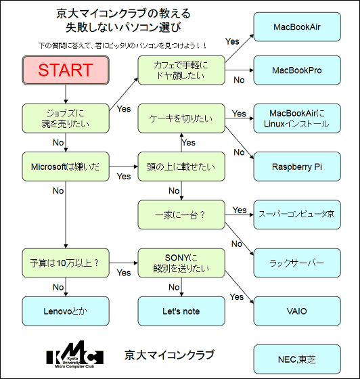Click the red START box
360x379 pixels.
pyautogui.click(x=66, y=70)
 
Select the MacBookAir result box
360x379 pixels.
pyautogui.click(x=297, y=27)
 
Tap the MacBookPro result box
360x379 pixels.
pyautogui.click(x=297, y=70)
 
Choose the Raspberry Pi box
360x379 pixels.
pyautogui.click(x=297, y=166)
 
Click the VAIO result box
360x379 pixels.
pyautogui.click(x=297, y=311)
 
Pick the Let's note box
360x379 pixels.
pyautogui.click(x=181, y=311)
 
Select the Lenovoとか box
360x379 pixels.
pyautogui.click(x=66, y=311)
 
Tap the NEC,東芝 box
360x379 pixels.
pyautogui.click(x=297, y=359)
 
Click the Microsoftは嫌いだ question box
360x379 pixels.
pyautogui.click(x=66, y=166)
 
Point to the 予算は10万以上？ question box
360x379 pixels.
pyautogui.click(x=66, y=263)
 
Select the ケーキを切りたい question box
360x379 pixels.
pyautogui.click(x=181, y=118)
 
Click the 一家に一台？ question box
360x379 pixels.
pyautogui.click(x=181, y=215)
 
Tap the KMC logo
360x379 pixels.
pyautogui.click(x=74, y=355)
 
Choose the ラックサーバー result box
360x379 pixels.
pyautogui.click(x=297, y=263)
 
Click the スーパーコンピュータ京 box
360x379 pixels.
pyautogui.click(x=297, y=215)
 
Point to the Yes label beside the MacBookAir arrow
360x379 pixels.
pyautogui.click(x=232, y=41)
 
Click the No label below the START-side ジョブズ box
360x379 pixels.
pyautogui.click(x=58, y=143)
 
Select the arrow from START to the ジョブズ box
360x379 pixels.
pyautogui.click(x=66, y=94)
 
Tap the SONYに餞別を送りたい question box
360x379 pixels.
pyautogui.click(x=181, y=263)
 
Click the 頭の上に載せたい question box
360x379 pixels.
pyautogui.click(x=181, y=166)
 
